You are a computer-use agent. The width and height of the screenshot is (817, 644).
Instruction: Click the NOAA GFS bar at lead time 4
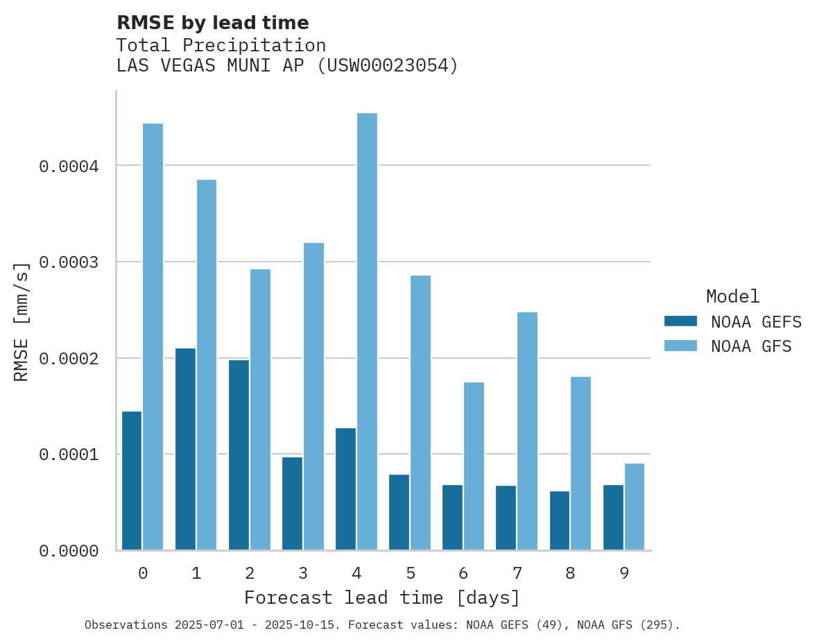click(367, 332)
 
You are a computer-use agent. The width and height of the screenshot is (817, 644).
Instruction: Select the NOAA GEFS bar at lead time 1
click(185, 449)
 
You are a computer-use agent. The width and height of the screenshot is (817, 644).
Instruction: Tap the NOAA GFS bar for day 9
click(635, 507)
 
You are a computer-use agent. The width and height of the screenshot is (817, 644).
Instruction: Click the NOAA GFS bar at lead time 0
click(153, 337)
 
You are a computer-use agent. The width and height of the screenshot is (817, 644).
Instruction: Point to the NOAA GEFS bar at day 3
click(292, 503)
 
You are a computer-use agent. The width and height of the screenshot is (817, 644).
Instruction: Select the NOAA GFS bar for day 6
click(474, 466)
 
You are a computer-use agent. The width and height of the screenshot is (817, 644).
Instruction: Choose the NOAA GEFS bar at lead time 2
click(239, 455)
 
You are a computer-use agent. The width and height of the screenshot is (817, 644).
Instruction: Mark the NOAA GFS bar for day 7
click(527, 431)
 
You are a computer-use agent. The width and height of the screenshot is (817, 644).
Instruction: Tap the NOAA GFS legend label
click(751, 346)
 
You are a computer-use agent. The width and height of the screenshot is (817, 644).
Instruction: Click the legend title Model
click(732, 296)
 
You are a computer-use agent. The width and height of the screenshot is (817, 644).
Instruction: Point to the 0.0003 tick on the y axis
click(69, 262)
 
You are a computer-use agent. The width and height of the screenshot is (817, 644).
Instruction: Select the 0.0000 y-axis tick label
click(69, 551)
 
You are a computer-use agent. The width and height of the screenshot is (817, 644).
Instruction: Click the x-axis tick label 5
click(410, 573)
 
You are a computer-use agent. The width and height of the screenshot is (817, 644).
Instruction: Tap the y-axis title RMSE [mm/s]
click(21, 321)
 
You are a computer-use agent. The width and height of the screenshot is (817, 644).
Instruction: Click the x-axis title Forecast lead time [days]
click(381, 598)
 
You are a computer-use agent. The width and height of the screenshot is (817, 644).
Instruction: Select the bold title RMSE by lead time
click(212, 23)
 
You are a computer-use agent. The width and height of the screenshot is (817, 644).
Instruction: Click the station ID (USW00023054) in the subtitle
click(387, 66)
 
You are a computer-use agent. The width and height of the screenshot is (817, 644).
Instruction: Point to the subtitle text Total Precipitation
click(221, 45)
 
